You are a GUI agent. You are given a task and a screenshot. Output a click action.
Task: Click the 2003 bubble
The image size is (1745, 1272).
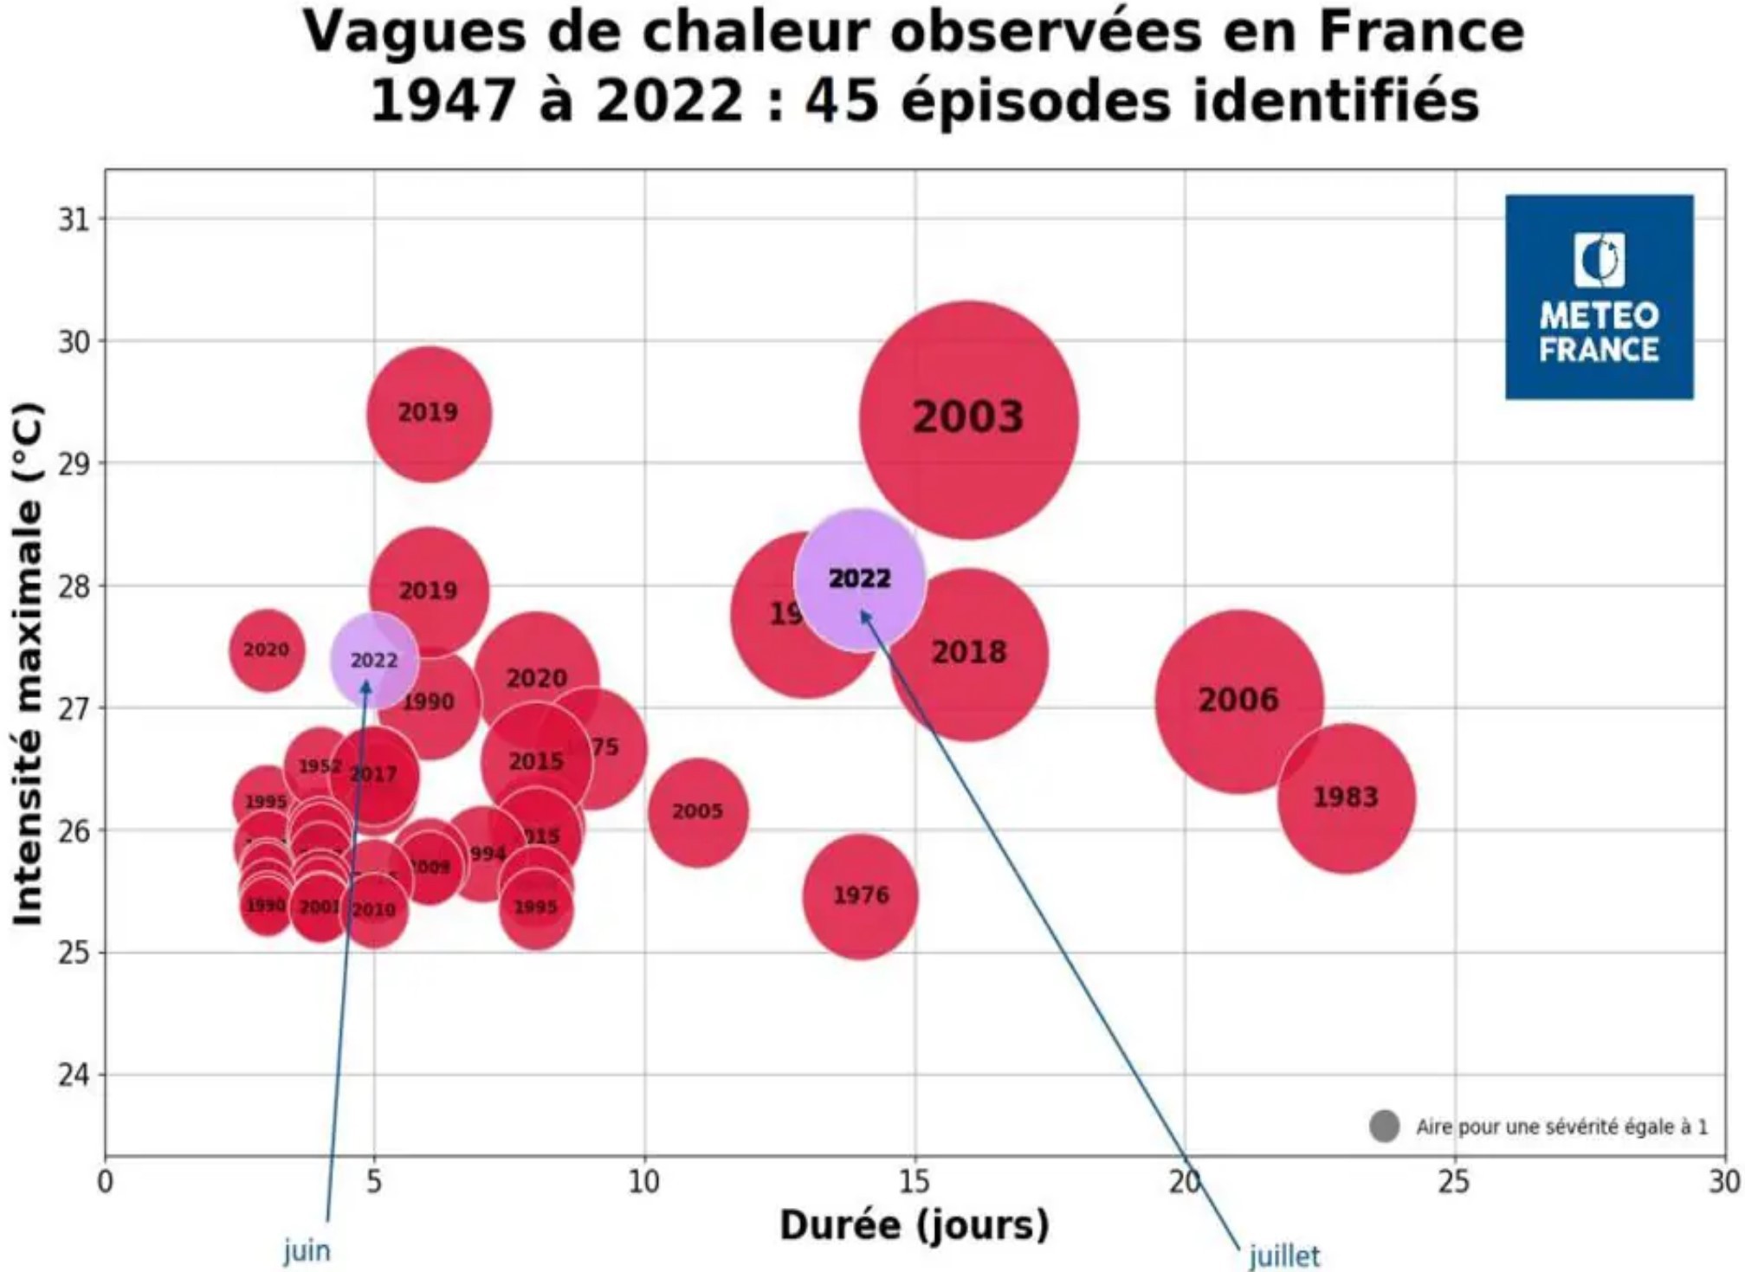tap(968, 419)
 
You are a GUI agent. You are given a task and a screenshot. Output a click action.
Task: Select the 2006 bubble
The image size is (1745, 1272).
tap(1238, 701)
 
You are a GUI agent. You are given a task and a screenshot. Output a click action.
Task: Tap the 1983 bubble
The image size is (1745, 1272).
tap(1346, 797)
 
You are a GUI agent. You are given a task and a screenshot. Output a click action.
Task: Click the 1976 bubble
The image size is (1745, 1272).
tap(860, 895)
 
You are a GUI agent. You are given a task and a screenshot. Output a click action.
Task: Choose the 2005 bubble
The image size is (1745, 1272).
tap(697, 812)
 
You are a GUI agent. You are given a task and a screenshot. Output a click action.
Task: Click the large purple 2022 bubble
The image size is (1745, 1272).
tap(860, 579)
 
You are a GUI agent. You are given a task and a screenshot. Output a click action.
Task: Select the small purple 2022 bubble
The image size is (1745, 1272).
tap(374, 661)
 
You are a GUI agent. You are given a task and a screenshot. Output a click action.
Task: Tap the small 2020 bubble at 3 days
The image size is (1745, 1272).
tap(267, 650)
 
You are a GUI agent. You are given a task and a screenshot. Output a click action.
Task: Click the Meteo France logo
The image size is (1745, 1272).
tap(1599, 297)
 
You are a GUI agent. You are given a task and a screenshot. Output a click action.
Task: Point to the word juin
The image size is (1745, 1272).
tap(307, 1250)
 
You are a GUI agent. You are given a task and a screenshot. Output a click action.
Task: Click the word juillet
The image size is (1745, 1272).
tap(1284, 1256)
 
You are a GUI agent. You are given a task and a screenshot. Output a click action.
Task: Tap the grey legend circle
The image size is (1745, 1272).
tap(1384, 1127)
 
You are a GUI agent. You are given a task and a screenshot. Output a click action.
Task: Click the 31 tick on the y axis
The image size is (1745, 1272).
tap(74, 220)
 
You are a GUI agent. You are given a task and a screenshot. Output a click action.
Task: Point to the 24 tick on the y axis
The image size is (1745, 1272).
tap(74, 1075)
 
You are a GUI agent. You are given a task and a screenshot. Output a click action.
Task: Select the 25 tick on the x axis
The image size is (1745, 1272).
tap(1454, 1181)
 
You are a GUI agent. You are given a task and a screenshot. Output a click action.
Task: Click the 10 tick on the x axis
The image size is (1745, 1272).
tap(643, 1181)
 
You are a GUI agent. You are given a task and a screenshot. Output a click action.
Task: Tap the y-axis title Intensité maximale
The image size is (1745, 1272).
tap(28, 662)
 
